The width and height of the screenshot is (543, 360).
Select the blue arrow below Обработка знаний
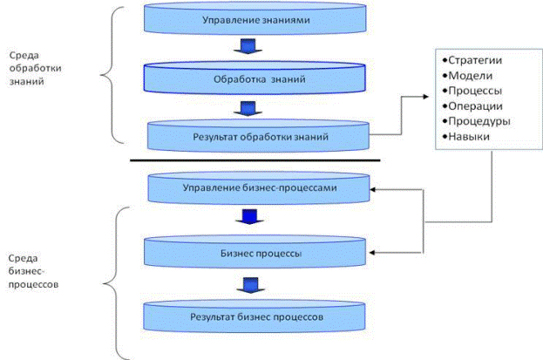(246, 109)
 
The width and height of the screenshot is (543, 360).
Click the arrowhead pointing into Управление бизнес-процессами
(377, 187)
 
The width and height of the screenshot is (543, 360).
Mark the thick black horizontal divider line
(255, 160)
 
